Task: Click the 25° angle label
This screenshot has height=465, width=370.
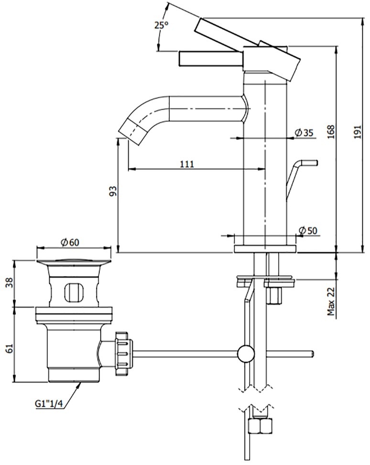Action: tap(162, 25)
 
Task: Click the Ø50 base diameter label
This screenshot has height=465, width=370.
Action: tap(308, 231)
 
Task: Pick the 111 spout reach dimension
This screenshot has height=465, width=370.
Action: tap(187, 164)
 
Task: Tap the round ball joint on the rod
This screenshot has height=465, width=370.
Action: tap(246, 354)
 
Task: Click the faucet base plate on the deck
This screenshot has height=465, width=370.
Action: tap(265, 249)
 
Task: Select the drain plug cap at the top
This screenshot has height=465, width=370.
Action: tap(74, 262)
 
